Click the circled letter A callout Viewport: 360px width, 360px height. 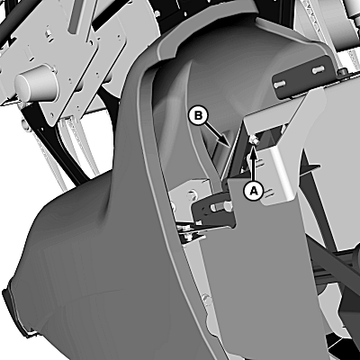click(254, 191)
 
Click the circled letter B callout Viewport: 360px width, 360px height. click(198, 116)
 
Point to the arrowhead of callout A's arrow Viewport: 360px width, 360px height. click(254, 147)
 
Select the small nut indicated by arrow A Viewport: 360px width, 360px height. click(253, 139)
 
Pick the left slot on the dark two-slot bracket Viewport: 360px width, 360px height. click(279, 85)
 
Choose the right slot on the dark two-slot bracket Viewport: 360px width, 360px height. click(318, 70)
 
